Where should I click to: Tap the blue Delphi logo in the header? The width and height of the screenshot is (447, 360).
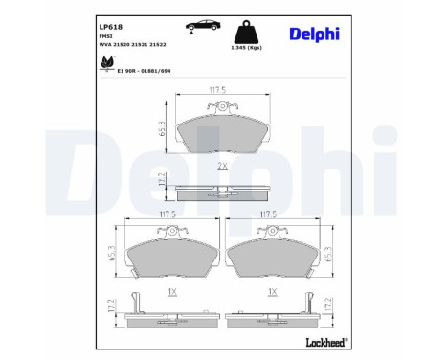pos(315,34)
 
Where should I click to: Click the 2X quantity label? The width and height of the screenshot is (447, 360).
pos(222,166)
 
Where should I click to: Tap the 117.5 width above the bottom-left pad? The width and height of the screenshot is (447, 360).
pos(168,215)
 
